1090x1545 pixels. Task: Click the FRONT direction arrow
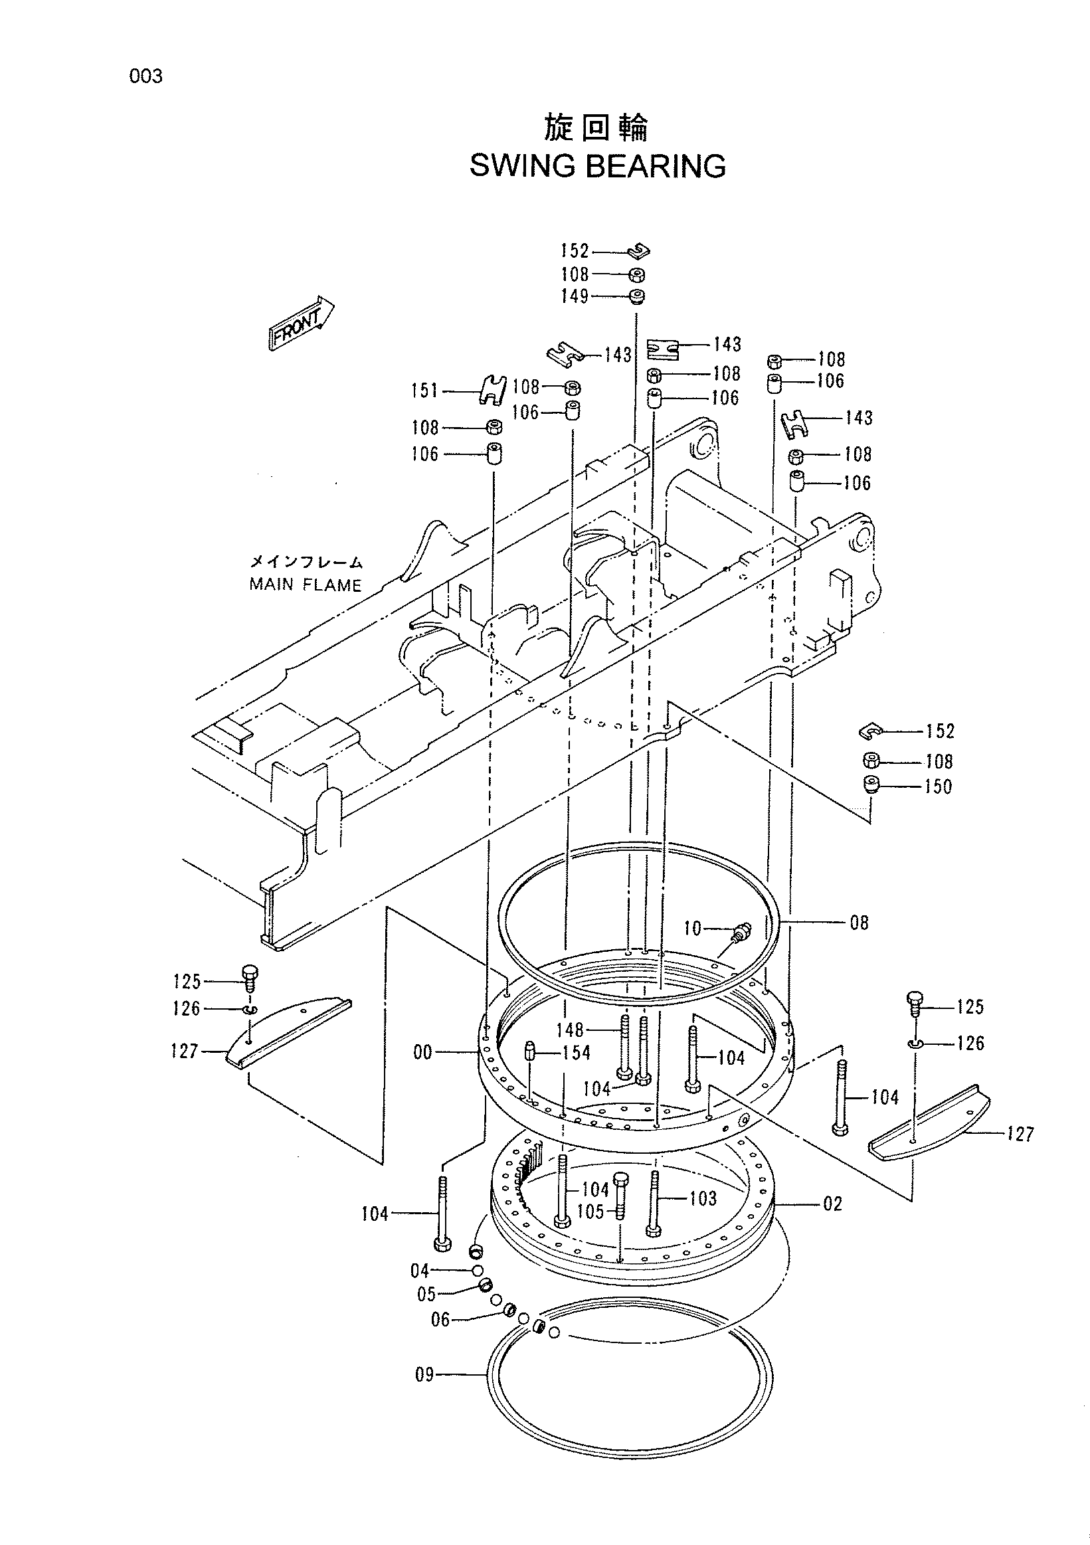pos(302,323)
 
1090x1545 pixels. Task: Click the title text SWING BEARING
pos(598,166)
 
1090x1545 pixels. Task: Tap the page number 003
pos(146,76)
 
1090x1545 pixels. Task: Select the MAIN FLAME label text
pos(306,585)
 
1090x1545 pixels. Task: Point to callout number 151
pos(424,391)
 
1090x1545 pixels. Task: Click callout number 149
pos(575,296)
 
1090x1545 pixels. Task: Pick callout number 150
pos(939,786)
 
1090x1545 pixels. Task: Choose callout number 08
pos(860,923)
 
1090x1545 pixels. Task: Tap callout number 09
pos(424,1374)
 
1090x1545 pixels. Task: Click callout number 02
pos(832,1204)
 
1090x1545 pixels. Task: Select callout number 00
pos(422,1052)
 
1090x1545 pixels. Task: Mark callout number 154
pos(577,1052)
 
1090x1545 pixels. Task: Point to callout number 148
pos(570,1030)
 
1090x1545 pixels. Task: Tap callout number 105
pos(590,1212)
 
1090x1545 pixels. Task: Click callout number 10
pos(692,929)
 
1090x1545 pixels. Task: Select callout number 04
pos(420,1271)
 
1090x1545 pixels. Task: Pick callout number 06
pos(440,1320)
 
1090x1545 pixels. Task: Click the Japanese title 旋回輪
pos(596,128)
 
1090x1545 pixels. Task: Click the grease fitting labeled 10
pos(741,933)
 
